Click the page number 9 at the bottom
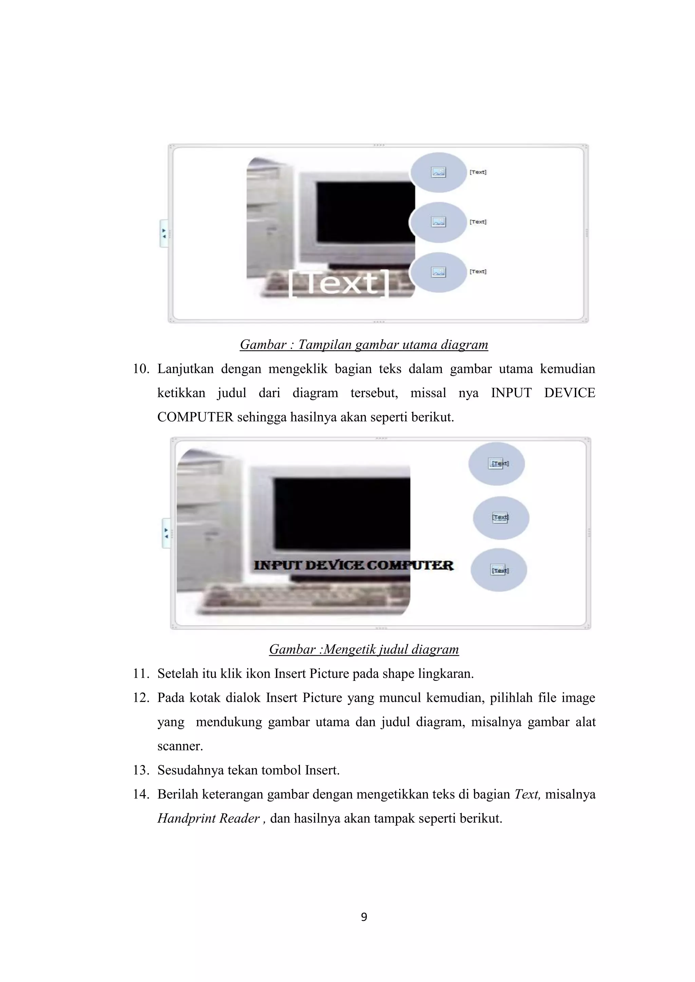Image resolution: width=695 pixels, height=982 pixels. click(364, 917)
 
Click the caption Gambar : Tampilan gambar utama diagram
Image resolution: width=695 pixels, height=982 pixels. click(364, 345)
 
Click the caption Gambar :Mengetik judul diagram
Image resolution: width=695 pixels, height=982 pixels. click(364, 650)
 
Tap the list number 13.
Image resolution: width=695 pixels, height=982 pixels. click(141, 770)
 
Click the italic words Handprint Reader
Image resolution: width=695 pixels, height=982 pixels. click(209, 819)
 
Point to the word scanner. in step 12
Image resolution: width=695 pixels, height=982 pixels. click(180, 746)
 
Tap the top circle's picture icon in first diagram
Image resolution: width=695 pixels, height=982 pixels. click(438, 172)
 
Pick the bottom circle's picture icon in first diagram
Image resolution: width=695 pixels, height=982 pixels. click(438, 272)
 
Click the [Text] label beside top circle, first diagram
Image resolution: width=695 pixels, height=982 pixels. click(478, 172)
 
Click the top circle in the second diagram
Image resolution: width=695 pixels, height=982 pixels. click(496, 464)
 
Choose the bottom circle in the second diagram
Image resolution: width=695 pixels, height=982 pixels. click(499, 570)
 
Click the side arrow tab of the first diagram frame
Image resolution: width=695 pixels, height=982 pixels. click(164, 234)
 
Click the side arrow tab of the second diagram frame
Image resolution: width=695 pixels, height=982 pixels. click(166, 533)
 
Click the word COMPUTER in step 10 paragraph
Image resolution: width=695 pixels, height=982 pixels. click(195, 417)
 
